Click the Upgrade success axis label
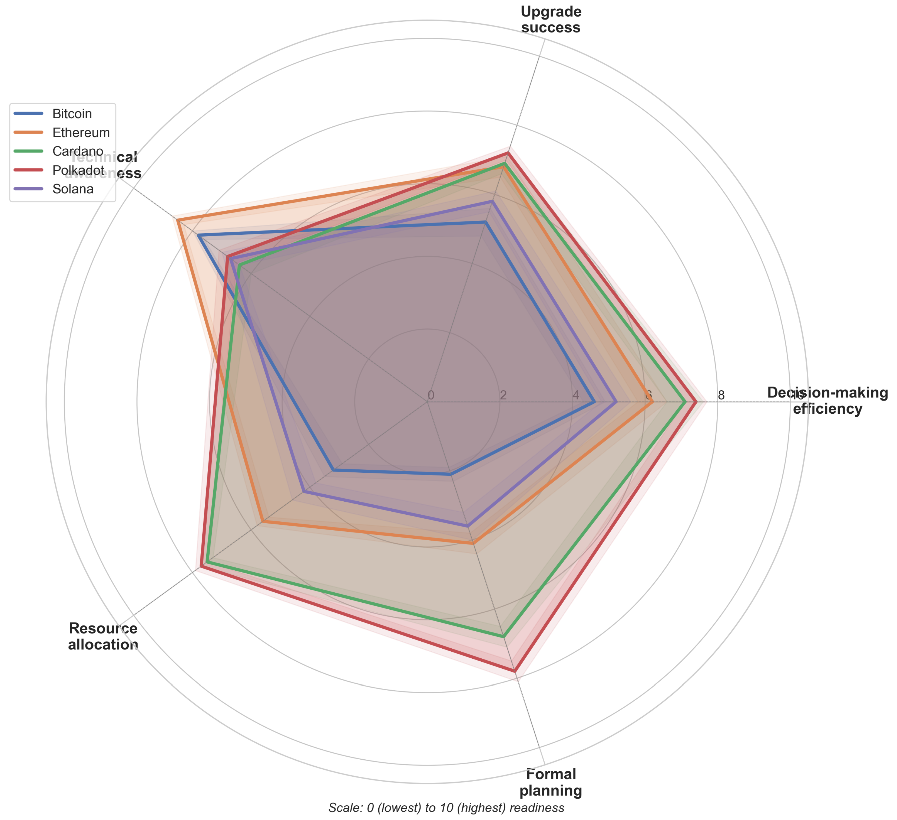coord(551,19)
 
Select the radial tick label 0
coord(431,395)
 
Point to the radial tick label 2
coord(503,395)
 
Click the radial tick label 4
coord(576,395)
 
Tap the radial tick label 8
coord(721,395)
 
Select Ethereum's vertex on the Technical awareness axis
coord(177,220)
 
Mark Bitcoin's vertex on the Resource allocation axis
coord(333,470)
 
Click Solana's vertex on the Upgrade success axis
coord(492,202)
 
